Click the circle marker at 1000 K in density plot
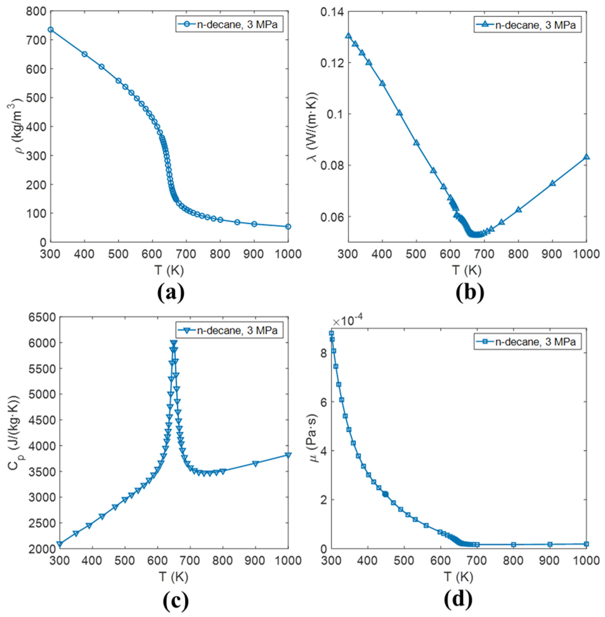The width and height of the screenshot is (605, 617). point(288,227)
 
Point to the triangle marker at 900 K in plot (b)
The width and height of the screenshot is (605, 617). point(553,183)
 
